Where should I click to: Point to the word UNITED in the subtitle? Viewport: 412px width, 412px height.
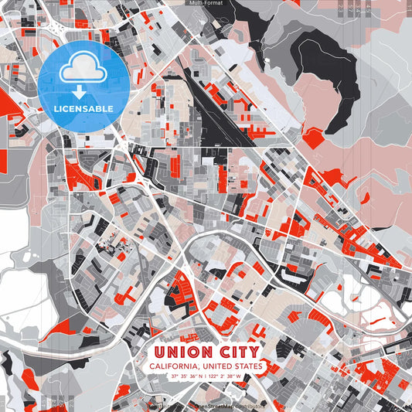coord(216,366)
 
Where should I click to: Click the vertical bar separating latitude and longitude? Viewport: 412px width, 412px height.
coord(204,377)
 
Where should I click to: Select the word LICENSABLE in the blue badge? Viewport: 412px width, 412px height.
coord(83,108)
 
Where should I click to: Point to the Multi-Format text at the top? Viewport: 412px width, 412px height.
coord(205,3)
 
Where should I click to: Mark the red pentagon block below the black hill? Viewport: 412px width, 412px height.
coord(313,138)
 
